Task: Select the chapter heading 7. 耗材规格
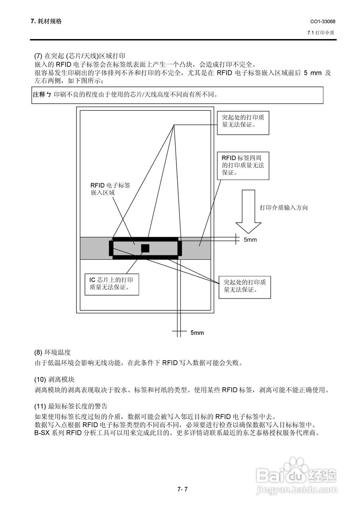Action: coord(46,22)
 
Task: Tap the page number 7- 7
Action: coord(182,489)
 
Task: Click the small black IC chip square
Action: coord(145,248)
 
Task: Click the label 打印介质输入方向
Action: coord(284,208)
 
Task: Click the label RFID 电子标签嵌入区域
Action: coord(110,189)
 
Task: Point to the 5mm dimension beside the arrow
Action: coord(250,240)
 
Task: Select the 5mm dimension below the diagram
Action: coord(197,333)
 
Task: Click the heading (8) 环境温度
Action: coord(53,352)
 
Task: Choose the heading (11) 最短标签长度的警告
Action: coord(71,406)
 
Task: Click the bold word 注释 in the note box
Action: coord(39,95)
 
